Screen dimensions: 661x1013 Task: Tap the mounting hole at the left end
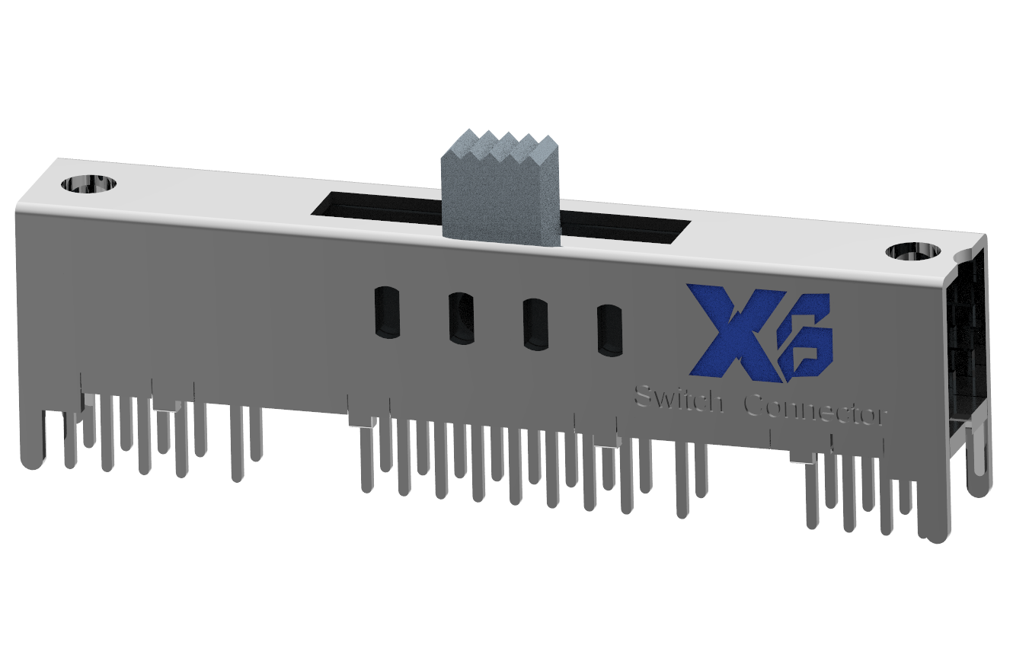click(x=90, y=184)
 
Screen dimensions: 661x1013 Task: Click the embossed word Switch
click(x=679, y=399)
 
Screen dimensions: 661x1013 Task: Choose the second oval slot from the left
click(x=460, y=318)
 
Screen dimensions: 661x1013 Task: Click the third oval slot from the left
click(x=535, y=324)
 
